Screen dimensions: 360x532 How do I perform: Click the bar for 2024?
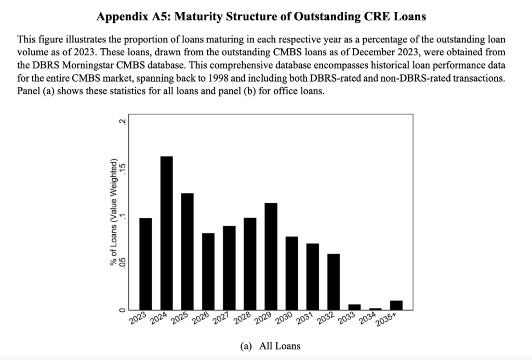[x=167, y=233]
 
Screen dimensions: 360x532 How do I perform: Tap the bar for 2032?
[x=334, y=282]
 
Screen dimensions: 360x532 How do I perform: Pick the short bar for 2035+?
[x=396, y=305]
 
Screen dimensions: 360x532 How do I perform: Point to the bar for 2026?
[x=208, y=271]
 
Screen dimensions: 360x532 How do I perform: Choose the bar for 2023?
[x=146, y=263]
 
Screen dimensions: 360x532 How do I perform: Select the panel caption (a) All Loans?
[x=269, y=345]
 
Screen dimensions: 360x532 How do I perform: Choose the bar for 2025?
[x=188, y=251]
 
